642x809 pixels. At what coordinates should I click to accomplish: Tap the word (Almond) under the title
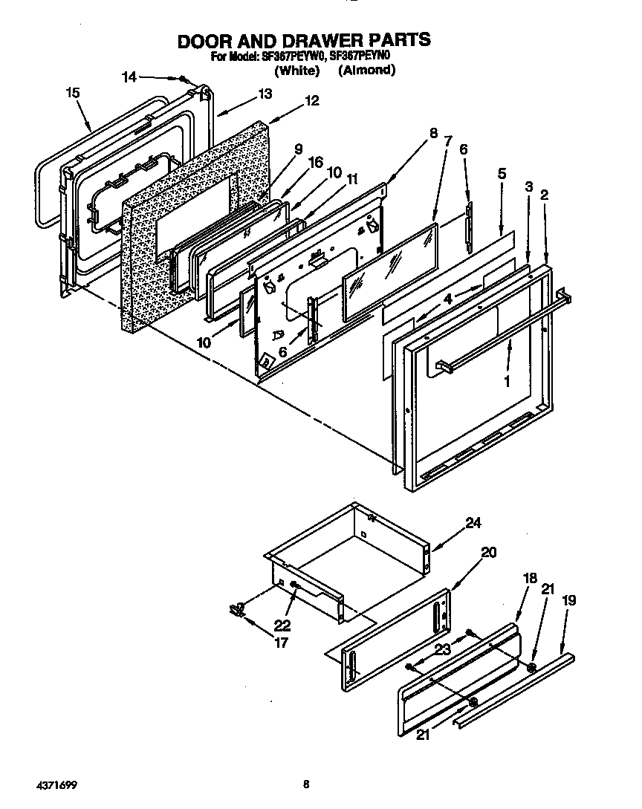(366, 71)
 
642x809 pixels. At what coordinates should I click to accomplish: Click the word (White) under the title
(296, 71)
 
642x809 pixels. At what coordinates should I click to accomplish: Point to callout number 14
(129, 76)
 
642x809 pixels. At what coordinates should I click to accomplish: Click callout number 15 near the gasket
(72, 93)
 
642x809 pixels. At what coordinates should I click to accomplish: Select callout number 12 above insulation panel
(311, 101)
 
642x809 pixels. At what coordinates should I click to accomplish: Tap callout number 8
(432, 134)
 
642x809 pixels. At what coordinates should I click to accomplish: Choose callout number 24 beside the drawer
(473, 523)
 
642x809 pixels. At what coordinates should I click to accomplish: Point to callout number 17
(280, 643)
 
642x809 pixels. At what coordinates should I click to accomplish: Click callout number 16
(316, 162)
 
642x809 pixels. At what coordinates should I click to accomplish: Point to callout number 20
(488, 552)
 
